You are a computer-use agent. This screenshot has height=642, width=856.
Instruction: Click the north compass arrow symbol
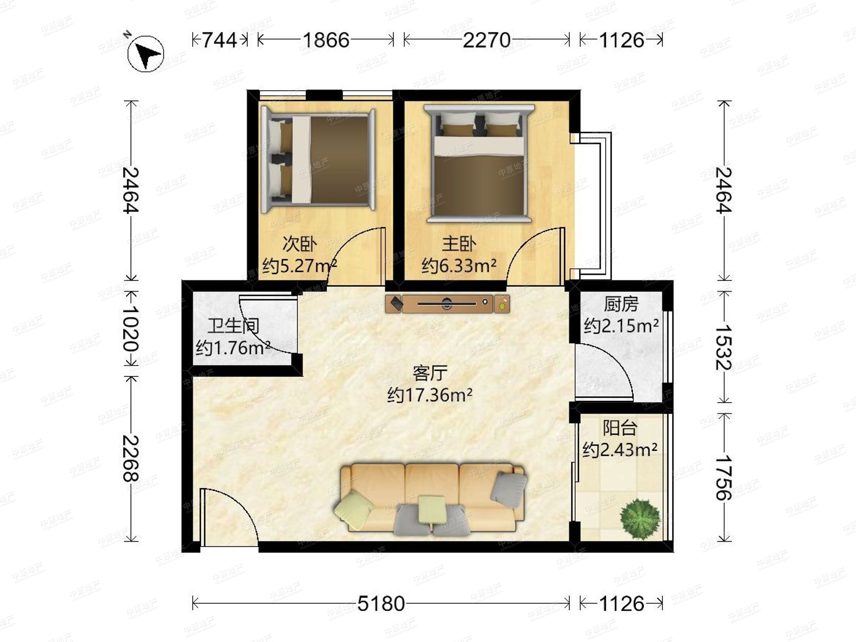pos(146,54)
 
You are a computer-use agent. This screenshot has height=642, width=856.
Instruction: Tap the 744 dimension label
pos(220,40)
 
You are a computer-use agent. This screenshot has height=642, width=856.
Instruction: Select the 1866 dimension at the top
pos(326,40)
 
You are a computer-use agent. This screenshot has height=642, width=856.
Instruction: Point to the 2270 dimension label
pos(486,40)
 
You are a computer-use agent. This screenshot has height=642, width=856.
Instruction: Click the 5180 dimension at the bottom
pos(381,603)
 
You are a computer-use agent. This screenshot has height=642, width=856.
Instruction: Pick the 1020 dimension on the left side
pos(131,328)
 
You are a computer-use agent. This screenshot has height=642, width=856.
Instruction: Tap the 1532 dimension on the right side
pos(724,347)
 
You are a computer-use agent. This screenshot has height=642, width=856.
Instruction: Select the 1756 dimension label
pos(724,478)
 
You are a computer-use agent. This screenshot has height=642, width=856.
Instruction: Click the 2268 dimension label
pos(131,458)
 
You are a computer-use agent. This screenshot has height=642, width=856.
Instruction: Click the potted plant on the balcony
pos(639,519)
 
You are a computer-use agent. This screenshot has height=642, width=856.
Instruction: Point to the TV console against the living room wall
pos(447,304)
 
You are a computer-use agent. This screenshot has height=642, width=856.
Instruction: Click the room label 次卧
pos(300,244)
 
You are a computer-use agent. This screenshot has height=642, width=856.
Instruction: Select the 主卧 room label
pos(459,244)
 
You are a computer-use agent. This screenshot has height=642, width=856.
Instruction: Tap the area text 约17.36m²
pos(429,395)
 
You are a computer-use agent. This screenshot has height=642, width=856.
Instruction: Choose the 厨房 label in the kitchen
pos(621,305)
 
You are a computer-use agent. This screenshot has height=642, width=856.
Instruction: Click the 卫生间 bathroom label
pos(233,326)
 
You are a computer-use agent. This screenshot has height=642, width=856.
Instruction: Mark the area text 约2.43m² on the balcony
pos(620,450)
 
